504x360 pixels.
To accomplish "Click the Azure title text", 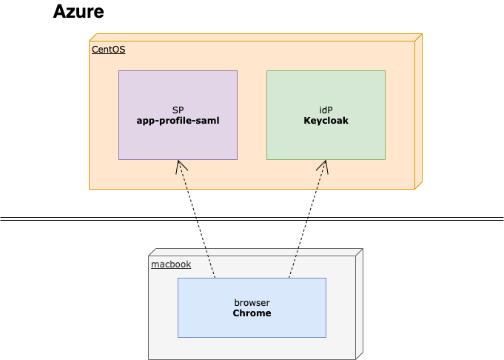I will tap(78, 12).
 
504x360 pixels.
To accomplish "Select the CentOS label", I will tap(108, 50).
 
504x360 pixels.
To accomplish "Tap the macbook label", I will tap(170, 264).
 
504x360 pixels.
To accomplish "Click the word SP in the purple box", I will tap(178, 110).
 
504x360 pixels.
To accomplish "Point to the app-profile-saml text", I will tap(178, 120).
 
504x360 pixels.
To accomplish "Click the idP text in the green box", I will tap(326, 110).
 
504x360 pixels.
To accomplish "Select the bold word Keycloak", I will tap(326, 120).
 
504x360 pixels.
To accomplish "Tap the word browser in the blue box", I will tap(252, 303).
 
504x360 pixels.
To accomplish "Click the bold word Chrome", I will tap(252, 313).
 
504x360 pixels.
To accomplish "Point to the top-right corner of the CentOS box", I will tap(421, 34).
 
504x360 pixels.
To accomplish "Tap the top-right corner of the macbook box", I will tap(362, 249).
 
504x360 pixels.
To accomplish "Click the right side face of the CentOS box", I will tap(418, 111).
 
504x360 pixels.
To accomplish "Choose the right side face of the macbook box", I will tap(359, 304).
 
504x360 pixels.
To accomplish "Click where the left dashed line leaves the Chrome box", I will tap(215, 278).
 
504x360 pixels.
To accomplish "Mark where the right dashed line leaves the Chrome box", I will tap(289, 278).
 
